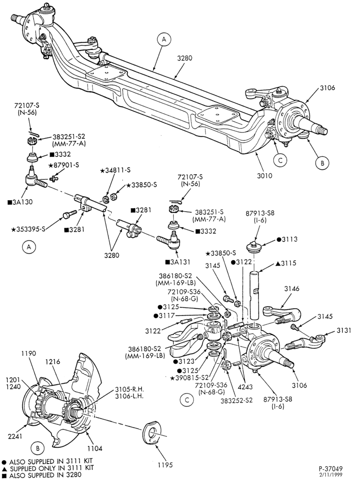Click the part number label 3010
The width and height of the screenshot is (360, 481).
[x=265, y=176]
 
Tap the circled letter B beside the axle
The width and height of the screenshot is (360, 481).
[x=322, y=163]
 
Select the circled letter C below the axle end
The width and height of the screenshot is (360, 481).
[x=280, y=160]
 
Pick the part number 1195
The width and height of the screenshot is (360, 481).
[x=165, y=465]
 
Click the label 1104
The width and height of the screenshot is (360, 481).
[x=94, y=448]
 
